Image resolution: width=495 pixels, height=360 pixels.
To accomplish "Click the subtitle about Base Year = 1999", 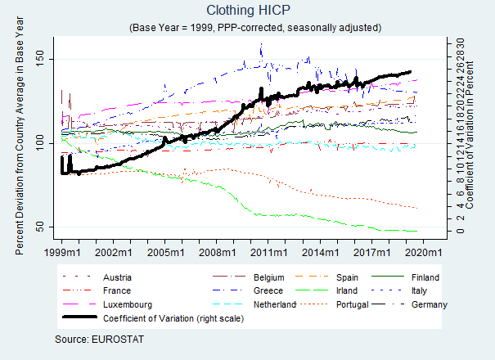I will click(254, 27).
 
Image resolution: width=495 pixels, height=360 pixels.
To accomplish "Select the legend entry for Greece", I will click(267, 291).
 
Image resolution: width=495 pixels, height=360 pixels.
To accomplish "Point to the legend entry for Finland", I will click(425, 277).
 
